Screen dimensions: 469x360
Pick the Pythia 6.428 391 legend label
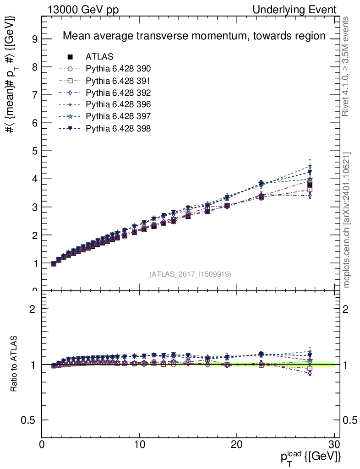pos(118,81)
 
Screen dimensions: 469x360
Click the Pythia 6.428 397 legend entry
pos(118,116)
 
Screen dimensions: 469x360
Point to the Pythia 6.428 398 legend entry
pos(118,128)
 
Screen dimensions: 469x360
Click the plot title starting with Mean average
pos(194,36)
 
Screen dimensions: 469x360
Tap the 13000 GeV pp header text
pos(83,10)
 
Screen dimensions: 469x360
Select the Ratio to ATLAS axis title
pos(15,365)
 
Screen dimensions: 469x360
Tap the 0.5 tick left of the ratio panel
pos(29,420)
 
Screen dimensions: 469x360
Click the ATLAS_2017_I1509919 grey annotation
pos(190,274)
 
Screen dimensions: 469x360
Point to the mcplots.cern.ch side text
pos(347,220)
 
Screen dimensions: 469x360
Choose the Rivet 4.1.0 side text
pos(347,66)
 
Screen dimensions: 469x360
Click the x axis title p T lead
pos(310,457)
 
